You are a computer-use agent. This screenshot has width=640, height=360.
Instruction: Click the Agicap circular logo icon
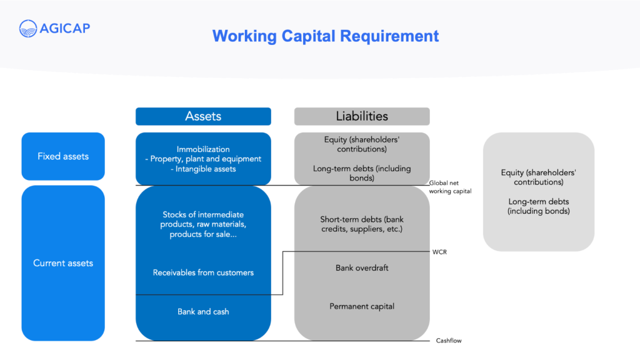tap(28, 29)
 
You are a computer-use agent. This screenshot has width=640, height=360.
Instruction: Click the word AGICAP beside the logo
tap(65, 29)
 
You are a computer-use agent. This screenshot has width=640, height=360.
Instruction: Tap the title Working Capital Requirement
tap(325, 36)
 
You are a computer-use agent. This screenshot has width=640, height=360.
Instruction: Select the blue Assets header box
tap(203, 116)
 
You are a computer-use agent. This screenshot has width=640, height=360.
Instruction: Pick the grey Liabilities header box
tap(362, 116)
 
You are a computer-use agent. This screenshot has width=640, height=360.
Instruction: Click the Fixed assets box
tap(63, 156)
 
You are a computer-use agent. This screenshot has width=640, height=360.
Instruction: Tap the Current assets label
tap(63, 263)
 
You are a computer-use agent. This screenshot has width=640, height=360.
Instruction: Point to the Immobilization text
tap(203, 149)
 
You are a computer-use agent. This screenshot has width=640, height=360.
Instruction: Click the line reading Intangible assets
tap(203, 169)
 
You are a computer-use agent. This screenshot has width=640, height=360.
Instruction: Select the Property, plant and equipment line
tap(203, 159)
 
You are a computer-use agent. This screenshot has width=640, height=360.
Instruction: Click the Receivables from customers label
tap(203, 272)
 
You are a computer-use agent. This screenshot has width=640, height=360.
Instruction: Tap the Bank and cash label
tap(203, 312)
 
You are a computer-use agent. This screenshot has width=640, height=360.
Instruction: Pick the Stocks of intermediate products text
tap(203, 224)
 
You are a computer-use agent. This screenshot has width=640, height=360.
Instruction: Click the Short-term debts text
tap(362, 224)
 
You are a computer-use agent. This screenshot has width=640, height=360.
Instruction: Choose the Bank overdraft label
tap(362, 268)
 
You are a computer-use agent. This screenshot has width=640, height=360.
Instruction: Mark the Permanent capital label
tap(362, 306)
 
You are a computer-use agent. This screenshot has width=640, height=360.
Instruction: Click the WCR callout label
tap(439, 252)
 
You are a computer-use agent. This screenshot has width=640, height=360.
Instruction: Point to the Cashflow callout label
tap(449, 341)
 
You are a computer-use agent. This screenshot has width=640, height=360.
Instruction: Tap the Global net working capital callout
tap(450, 187)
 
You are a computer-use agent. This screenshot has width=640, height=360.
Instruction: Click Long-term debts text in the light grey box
tap(538, 206)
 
